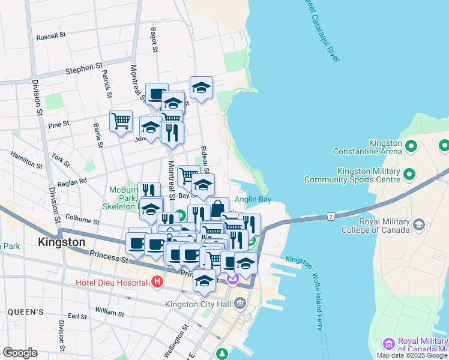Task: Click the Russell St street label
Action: coord(51,37)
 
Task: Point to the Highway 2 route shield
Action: coord(330,215)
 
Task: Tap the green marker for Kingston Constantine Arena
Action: coord(411,146)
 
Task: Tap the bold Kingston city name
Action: coord(61,242)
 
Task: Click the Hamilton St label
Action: coord(26,160)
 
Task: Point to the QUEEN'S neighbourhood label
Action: coord(26,312)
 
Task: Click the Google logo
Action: coord(20,353)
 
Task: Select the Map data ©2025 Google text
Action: coord(411,355)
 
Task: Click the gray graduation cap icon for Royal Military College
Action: coord(419,224)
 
